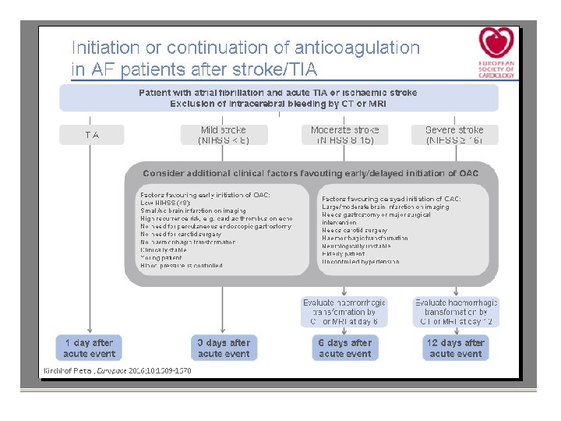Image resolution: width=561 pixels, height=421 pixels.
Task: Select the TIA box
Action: click(92, 135)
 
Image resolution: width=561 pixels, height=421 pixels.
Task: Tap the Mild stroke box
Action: click(224, 135)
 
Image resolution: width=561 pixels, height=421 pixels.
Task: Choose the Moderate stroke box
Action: click(344, 135)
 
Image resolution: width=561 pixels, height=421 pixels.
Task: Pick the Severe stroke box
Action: click(455, 135)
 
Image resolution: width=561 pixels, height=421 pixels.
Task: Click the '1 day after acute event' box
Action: click(90, 348)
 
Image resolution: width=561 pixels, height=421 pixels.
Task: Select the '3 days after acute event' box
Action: click(224, 348)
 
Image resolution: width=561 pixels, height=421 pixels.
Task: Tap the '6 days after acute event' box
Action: click(344, 348)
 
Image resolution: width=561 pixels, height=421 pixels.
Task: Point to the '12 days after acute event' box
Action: click(456, 348)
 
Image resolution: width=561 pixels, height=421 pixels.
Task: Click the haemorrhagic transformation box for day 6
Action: click(344, 312)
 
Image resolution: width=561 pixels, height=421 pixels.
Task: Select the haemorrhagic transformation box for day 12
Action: click(456, 312)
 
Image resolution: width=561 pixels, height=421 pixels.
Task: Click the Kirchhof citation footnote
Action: click(117, 370)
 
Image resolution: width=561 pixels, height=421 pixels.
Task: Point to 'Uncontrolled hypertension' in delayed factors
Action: click(361, 262)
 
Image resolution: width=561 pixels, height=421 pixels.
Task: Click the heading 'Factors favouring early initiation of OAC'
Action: click(205, 194)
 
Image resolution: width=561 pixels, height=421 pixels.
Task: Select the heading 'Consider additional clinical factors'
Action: click(311, 173)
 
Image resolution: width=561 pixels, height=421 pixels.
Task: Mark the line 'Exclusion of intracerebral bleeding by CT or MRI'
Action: click(278, 103)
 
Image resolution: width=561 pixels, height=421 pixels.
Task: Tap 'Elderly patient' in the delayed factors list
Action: click(344, 254)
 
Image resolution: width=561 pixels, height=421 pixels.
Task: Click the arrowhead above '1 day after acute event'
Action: click(90, 331)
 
